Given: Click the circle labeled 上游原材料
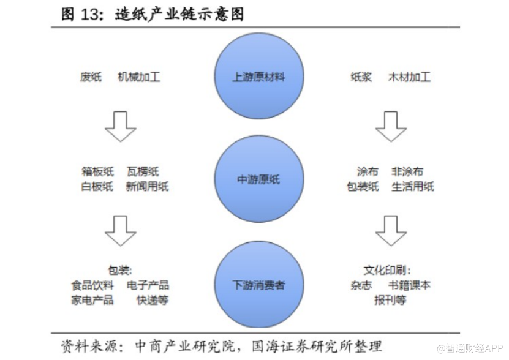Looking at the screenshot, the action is (259, 76).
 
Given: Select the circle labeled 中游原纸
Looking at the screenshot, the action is (259, 179).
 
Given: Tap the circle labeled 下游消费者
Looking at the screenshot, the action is (259, 284).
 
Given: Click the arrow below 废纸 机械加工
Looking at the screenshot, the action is (121, 127).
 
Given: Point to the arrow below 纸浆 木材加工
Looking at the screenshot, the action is (391, 127).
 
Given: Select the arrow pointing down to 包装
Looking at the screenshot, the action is (121, 230).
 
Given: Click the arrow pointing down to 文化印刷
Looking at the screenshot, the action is (391, 230).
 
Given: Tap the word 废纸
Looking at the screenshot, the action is (91, 77).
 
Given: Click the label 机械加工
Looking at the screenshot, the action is (139, 77).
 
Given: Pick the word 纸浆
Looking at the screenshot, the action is (361, 77).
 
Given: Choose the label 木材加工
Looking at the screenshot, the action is (409, 77).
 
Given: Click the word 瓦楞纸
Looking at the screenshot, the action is (143, 171).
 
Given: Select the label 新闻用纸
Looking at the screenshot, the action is (148, 186).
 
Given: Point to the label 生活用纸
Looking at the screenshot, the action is (413, 186).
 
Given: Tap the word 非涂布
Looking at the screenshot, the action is (407, 171).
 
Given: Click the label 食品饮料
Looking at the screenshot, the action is (93, 285).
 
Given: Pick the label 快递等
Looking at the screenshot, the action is (153, 300).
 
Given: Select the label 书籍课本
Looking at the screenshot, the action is (409, 285).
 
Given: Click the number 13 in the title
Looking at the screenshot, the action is (89, 15).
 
